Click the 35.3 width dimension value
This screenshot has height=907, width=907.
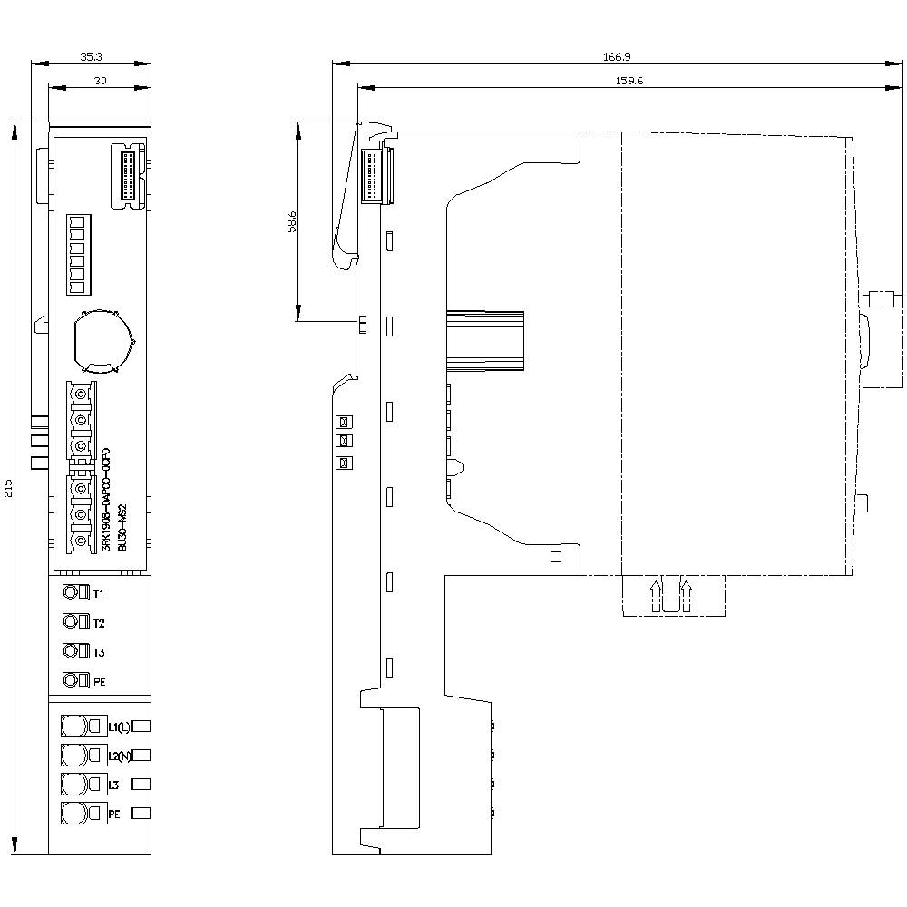[x=91, y=56]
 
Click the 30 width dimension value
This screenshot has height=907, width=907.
[x=100, y=81]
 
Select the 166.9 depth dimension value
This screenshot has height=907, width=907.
[x=617, y=56]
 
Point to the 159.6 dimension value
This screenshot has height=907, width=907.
[x=623, y=81]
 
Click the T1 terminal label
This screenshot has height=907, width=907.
[x=99, y=594]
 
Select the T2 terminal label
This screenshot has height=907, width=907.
[x=99, y=623]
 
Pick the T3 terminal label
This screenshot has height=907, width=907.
[x=99, y=652]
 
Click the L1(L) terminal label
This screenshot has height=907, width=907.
[x=119, y=727]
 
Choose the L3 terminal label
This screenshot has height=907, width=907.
[x=114, y=785]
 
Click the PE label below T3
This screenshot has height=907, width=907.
[x=100, y=681]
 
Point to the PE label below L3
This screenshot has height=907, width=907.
[x=114, y=814]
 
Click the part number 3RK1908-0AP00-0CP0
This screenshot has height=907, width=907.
[x=106, y=500]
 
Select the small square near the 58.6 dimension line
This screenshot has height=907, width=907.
[x=362, y=324]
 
